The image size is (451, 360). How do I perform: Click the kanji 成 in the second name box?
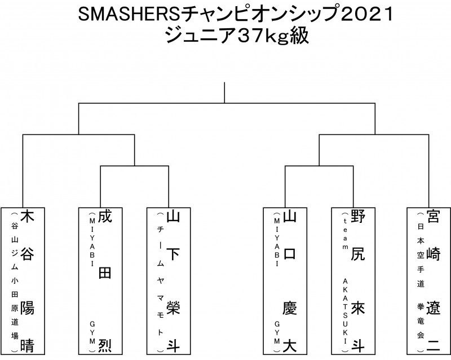pyautogui.click(x=105, y=217)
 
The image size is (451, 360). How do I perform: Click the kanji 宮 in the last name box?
pyautogui.click(x=433, y=217)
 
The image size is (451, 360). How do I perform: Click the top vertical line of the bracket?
pyautogui.click(x=225, y=93)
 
